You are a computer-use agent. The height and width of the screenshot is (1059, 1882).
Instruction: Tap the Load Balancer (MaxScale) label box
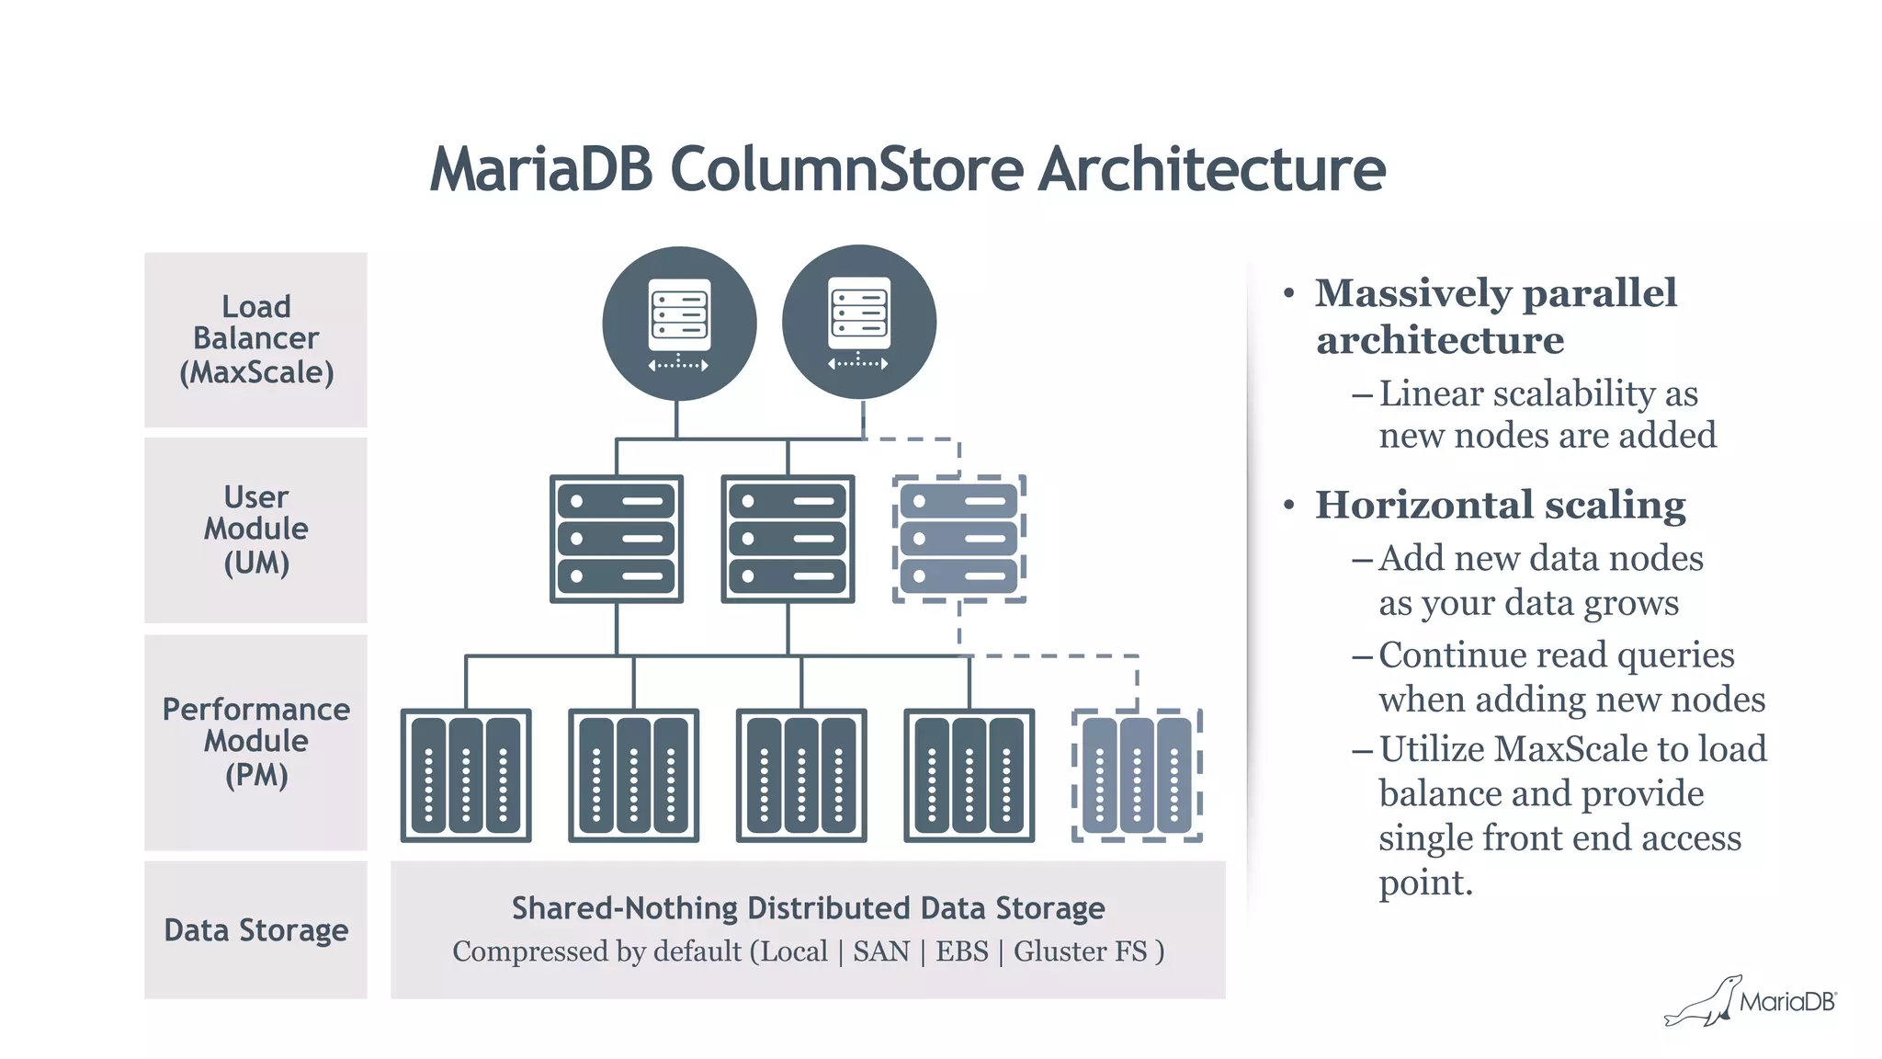255,339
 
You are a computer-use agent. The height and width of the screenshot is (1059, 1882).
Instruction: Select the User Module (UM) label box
255,529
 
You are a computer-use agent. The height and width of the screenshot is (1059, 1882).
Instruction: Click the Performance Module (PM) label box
255,742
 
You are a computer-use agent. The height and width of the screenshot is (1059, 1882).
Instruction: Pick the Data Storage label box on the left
255,929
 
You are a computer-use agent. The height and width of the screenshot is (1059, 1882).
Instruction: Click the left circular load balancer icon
679,323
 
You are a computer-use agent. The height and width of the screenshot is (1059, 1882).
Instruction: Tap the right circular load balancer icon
858,322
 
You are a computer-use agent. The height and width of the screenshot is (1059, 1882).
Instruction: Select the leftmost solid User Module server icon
616,539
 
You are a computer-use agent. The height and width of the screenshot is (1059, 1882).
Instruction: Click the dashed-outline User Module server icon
958,539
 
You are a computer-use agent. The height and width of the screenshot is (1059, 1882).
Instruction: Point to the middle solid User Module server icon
788,539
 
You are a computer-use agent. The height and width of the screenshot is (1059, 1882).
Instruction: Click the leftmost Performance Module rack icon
466,775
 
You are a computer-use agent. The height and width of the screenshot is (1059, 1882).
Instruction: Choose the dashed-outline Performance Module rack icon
1137,775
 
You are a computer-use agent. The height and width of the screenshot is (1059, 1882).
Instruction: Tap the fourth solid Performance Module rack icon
969,775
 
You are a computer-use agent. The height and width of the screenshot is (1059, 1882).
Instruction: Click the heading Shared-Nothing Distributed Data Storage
808,908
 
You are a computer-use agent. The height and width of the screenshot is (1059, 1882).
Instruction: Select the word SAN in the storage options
880,951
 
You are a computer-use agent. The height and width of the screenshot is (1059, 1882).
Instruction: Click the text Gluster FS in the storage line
1081,951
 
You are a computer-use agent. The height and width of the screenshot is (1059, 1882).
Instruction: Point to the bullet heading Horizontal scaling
1500,505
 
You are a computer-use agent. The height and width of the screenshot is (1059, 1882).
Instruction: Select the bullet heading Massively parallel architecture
1495,316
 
